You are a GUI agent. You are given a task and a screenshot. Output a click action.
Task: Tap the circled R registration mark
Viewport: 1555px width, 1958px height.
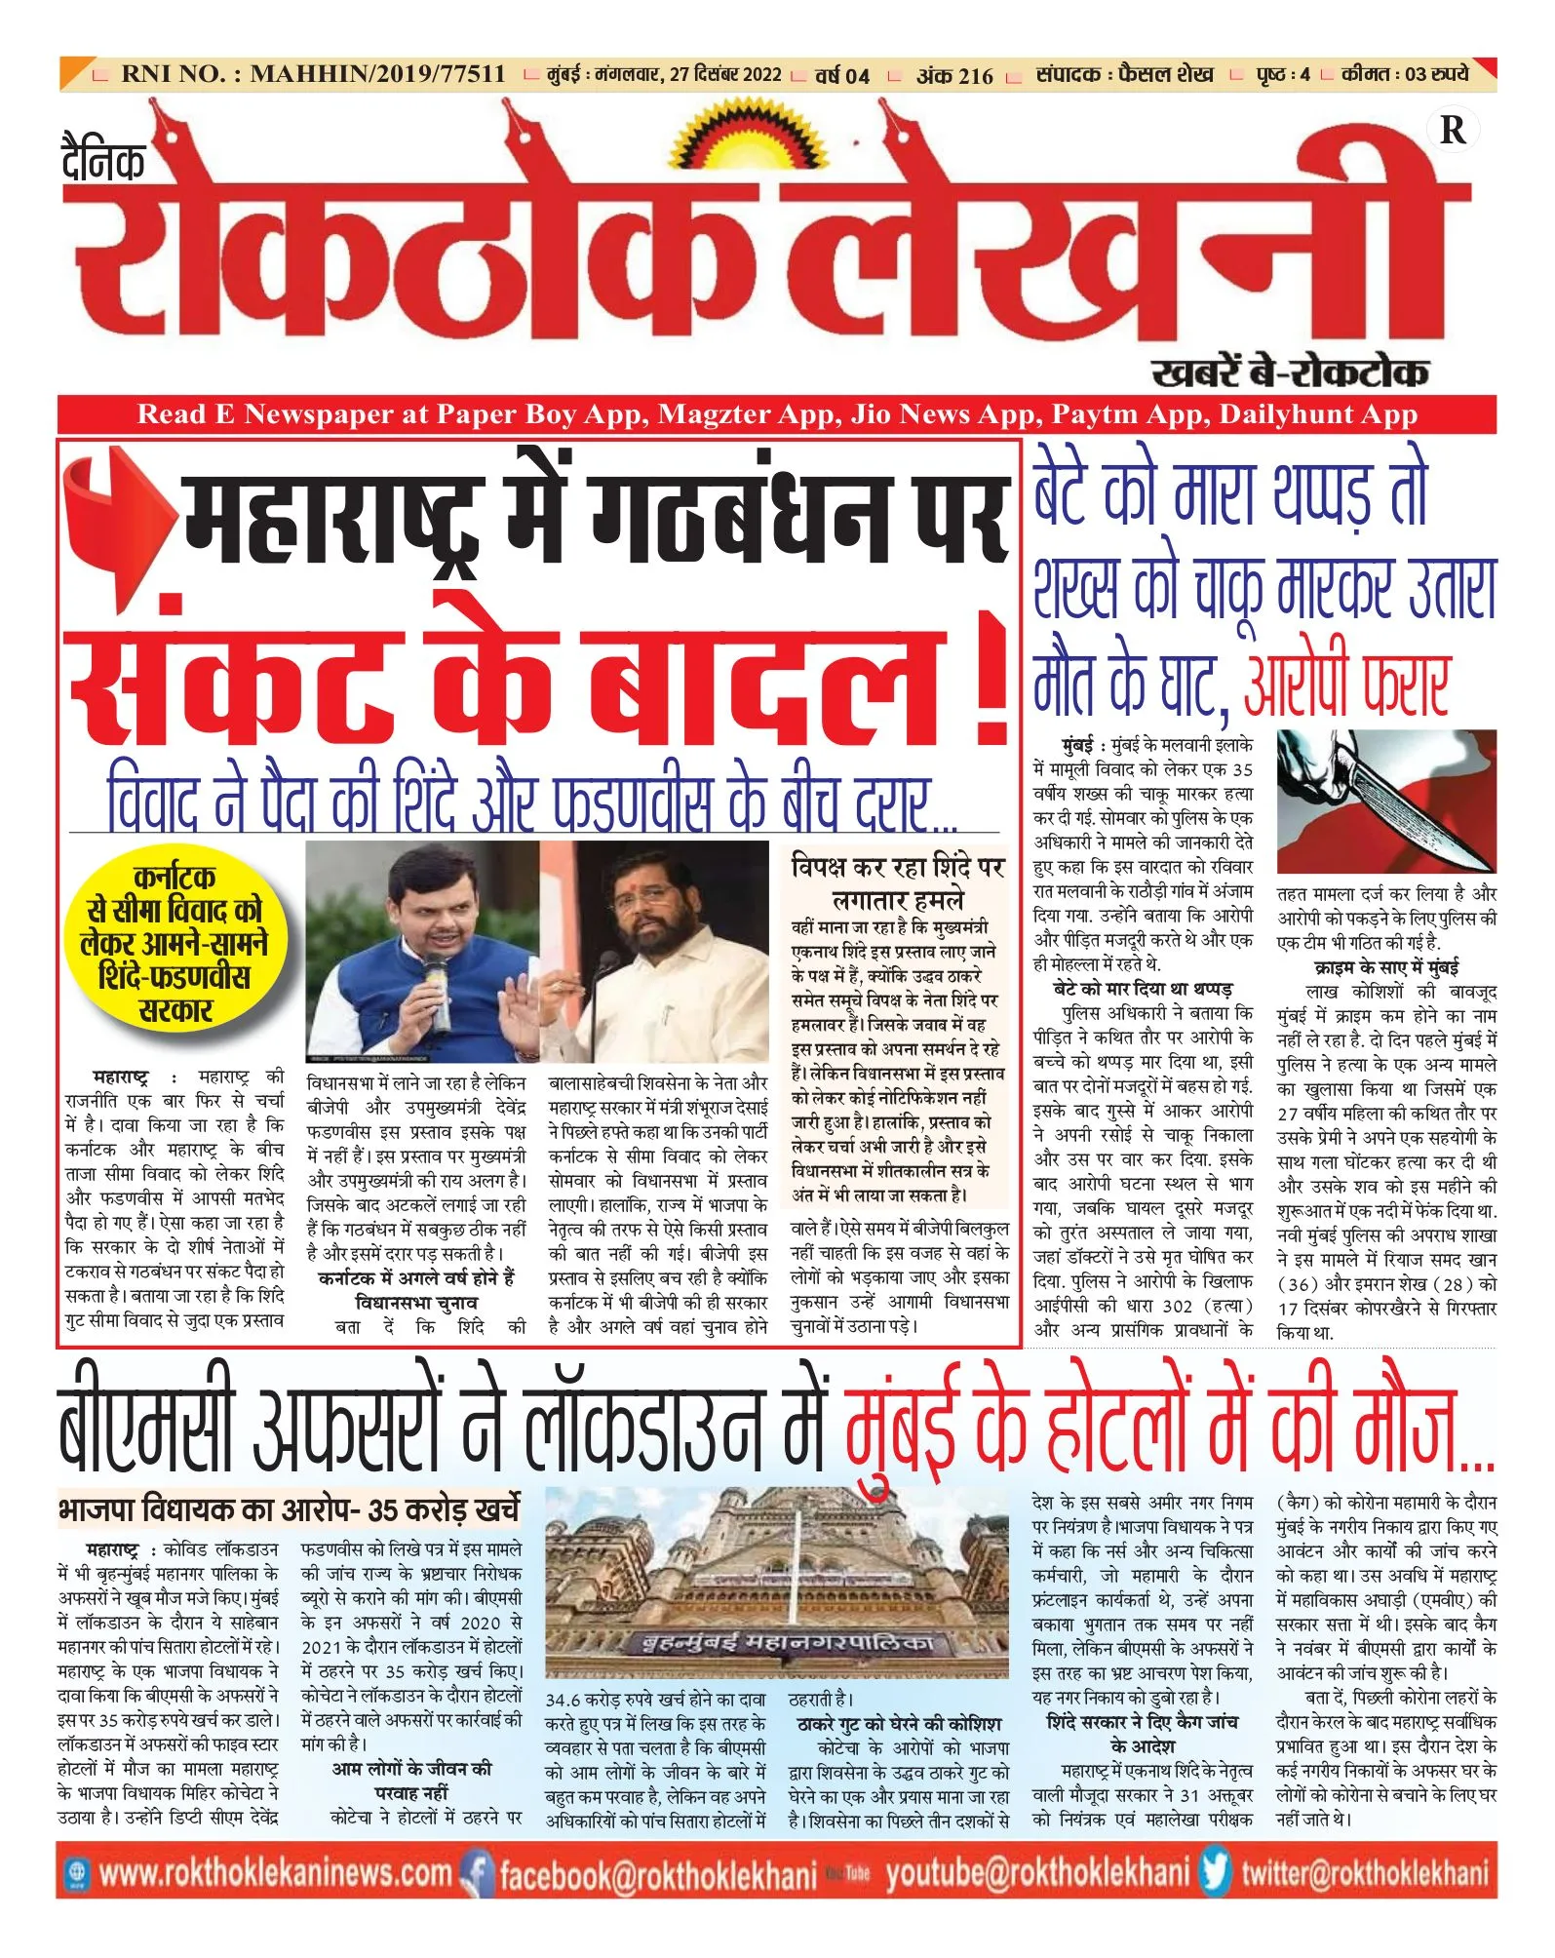[1452, 131]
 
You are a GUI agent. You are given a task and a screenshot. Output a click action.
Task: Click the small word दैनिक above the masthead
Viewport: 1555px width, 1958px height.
[103, 161]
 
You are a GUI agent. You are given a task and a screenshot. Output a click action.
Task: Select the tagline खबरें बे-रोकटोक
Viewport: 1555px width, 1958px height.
[1290, 372]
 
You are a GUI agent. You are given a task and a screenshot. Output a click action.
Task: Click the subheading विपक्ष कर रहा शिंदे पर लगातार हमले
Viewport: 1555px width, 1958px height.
[897, 882]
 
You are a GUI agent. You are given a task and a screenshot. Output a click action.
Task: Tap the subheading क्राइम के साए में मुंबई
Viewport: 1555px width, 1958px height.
[1385, 967]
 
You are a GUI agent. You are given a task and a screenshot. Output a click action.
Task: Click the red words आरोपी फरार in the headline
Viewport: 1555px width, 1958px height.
[1346, 685]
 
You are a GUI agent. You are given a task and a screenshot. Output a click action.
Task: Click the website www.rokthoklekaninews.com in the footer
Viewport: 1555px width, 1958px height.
[275, 1873]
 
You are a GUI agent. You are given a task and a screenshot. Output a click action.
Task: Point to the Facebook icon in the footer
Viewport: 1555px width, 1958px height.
[478, 1873]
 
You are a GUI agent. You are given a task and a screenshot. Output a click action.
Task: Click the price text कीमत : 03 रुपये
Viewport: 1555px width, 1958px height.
[1406, 74]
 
